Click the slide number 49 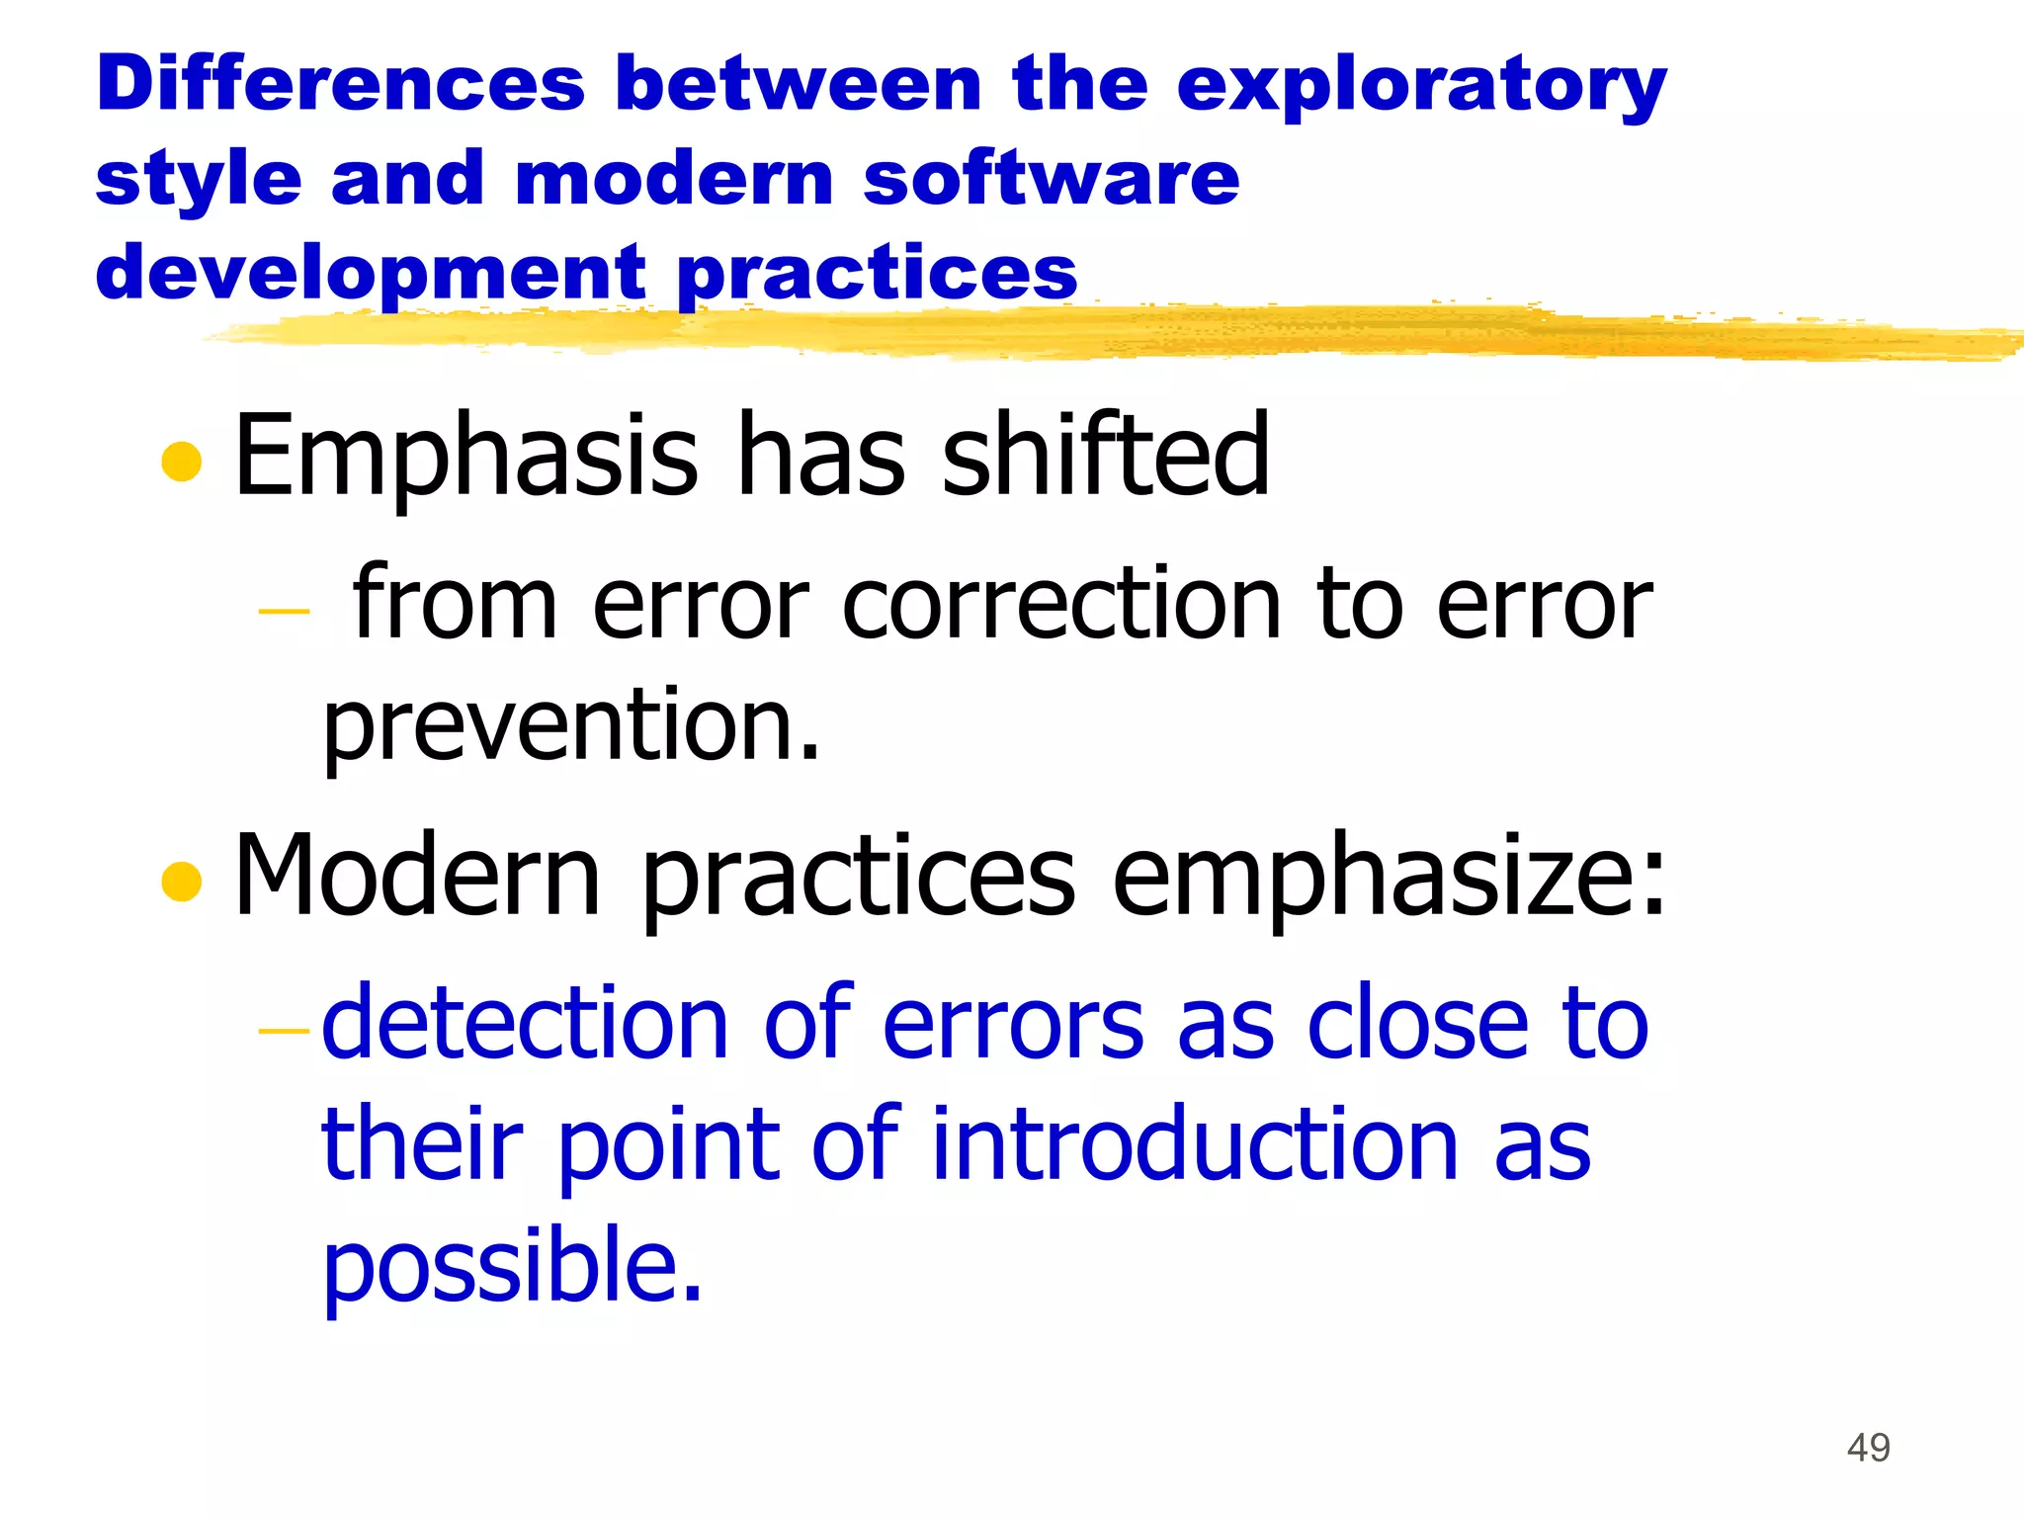point(1868,1448)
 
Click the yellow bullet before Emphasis point(181,461)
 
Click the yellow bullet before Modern point(181,881)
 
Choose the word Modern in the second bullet point(417,876)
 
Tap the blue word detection point(525,1024)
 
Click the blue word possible point(511,1267)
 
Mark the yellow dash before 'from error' point(284,612)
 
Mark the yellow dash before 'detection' point(284,1032)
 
